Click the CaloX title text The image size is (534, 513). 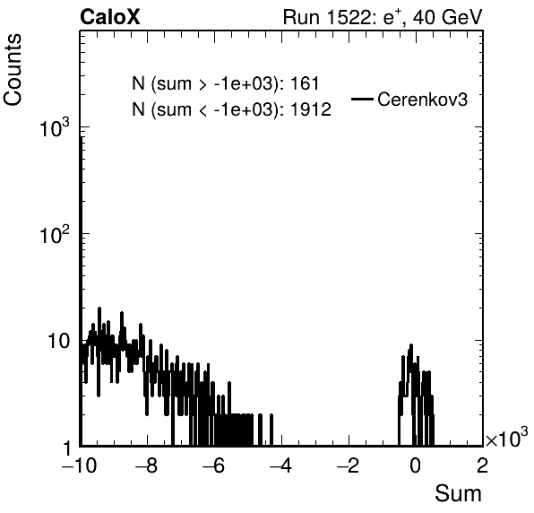pos(110,17)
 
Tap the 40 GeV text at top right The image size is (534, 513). pos(448,17)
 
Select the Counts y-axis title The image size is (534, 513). pos(13,70)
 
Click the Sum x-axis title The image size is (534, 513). pos(458,493)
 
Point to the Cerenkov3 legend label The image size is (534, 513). pos(422,100)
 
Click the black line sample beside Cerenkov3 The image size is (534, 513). pos(362,100)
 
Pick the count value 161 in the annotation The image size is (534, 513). pos(305,83)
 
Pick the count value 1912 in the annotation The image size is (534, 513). pos(311,109)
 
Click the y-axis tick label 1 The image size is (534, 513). pos(67,448)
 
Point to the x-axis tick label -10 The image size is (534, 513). pos(80,465)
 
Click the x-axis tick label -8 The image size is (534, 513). pos(146,465)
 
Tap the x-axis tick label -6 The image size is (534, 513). pos(213,465)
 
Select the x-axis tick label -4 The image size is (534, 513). pos(280,465)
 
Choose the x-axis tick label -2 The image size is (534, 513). pos(348,465)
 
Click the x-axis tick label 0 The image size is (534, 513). pos(415,465)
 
